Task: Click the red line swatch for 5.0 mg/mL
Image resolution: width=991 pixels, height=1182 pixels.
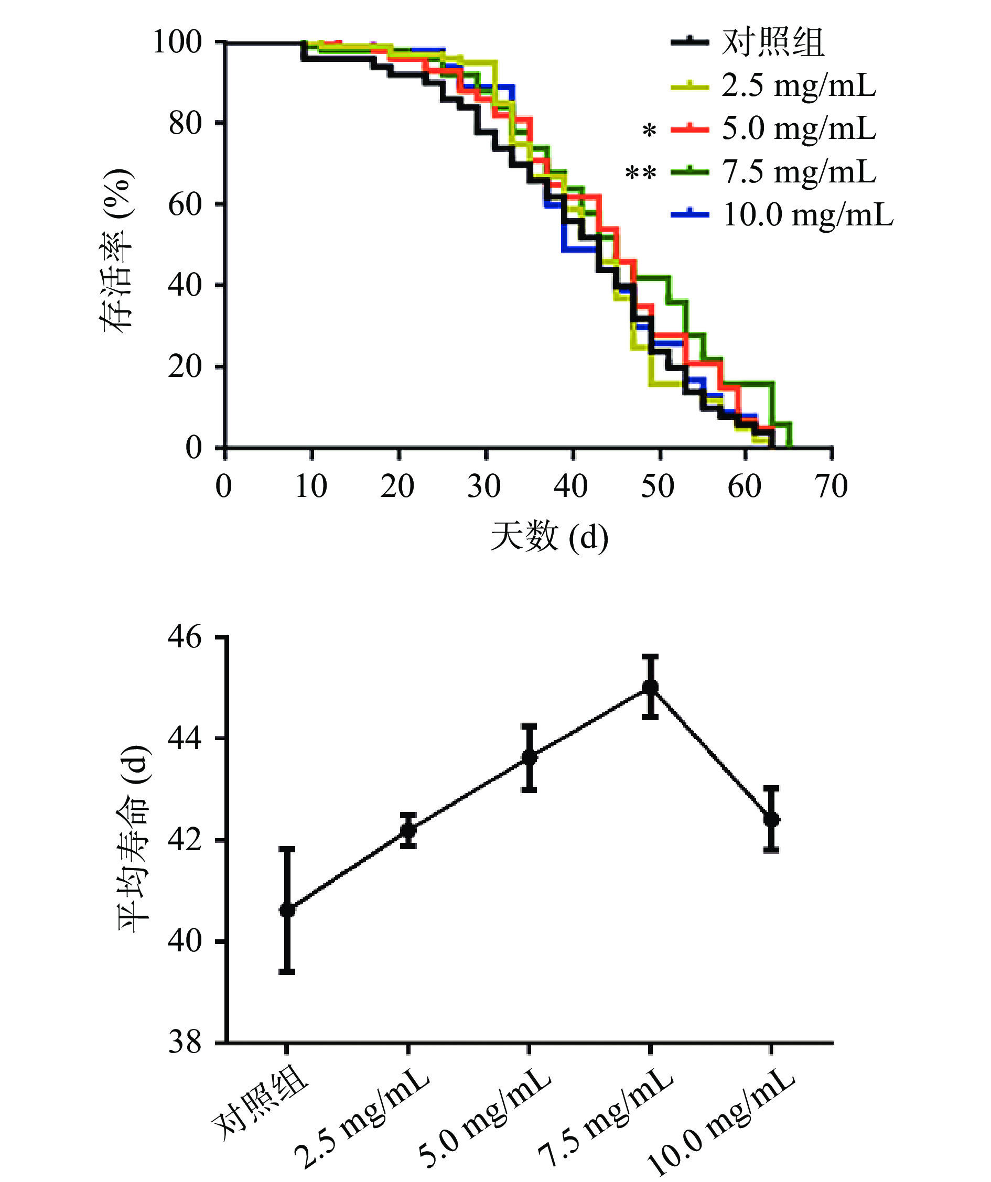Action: [689, 129]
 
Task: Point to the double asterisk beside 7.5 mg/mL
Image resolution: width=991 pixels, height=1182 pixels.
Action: [640, 173]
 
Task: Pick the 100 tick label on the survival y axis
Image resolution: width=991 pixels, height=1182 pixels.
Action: [177, 42]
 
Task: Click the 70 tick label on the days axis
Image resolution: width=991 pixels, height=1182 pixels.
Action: [831, 486]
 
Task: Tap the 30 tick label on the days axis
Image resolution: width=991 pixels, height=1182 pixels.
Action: [484, 486]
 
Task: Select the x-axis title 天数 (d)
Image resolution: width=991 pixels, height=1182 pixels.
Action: [550, 536]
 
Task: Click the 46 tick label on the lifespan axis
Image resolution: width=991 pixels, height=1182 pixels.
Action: [185, 637]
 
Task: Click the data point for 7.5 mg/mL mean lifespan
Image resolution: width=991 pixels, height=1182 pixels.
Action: [650, 687]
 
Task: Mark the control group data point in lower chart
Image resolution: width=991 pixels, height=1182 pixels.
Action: [287, 910]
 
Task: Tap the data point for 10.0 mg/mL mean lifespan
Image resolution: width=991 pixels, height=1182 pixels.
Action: [771, 819]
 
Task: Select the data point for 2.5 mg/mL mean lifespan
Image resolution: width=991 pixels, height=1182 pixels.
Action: [408, 830]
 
